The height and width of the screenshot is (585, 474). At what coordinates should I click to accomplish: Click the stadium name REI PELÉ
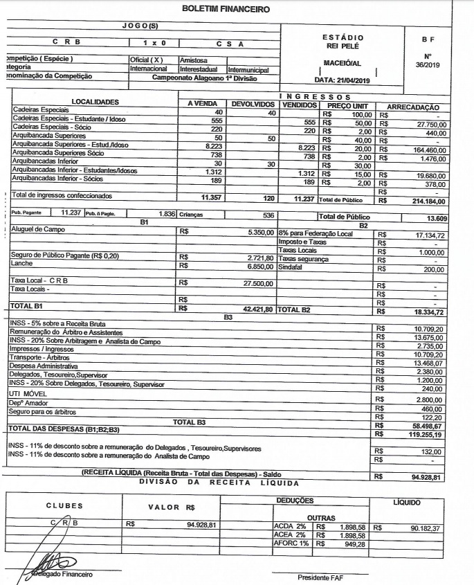coord(343,46)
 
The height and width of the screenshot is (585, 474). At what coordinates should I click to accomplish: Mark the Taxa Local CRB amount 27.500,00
coord(258,283)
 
